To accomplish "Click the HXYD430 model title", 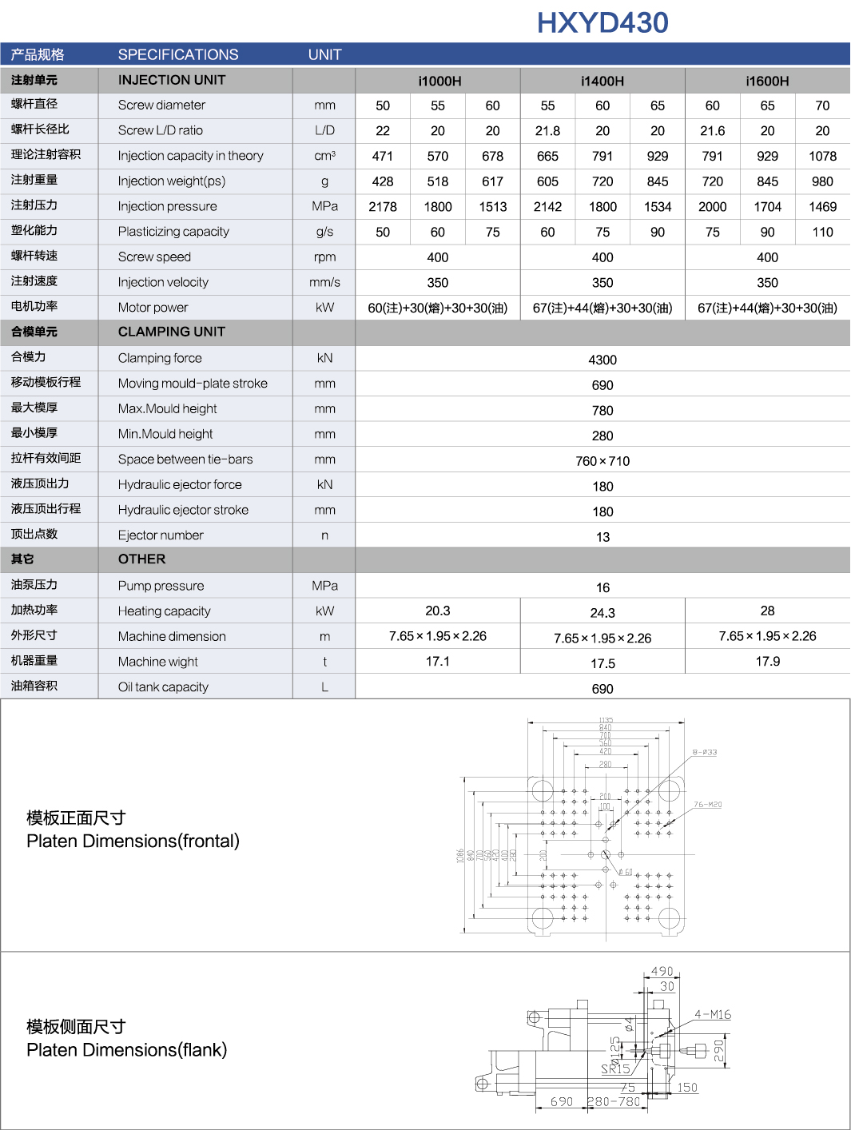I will click(602, 22).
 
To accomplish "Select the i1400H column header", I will click(602, 81).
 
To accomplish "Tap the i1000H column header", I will click(439, 81).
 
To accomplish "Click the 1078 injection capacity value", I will click(822, 156).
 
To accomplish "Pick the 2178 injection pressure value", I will click(383, 206).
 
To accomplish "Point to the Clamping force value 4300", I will click(602, 360).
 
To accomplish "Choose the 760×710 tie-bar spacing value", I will click(602, 461).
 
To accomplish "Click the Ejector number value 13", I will click(602, 537).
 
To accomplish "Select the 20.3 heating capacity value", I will click(438, 611).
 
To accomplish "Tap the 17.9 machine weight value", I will click(767, 662).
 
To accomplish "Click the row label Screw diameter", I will click(161, 105).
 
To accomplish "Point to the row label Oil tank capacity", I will click(163, 686).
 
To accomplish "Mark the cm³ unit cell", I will click(324, 156).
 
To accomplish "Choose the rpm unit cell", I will click(324, 257).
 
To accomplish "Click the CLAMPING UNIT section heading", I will click(171, 332).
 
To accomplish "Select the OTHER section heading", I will click(141, 559).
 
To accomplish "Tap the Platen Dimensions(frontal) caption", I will click(133, 841).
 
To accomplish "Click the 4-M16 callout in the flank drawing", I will click(713, 1015).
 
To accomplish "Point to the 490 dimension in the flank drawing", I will click(662, 971).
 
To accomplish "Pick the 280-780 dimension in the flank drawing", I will click(614, 1101).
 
